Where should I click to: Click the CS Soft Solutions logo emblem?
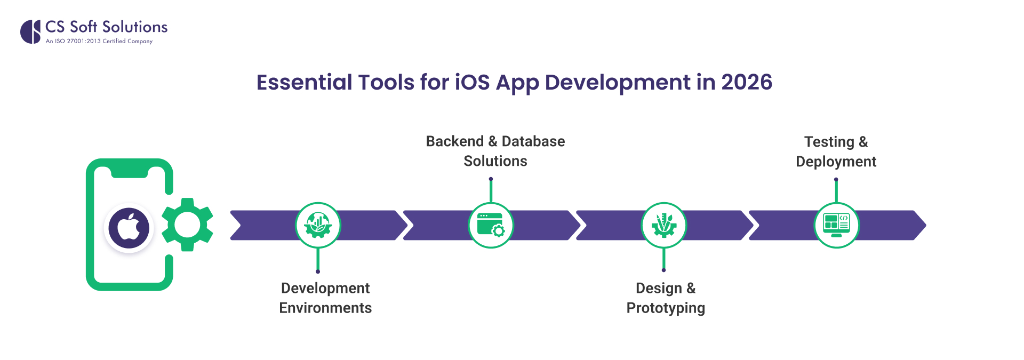click(30, 31)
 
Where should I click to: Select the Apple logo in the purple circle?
click(129, 228)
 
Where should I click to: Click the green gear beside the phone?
click(187, 225)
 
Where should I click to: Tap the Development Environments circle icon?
click(318, 225)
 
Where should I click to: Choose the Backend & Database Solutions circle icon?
click(491, 225)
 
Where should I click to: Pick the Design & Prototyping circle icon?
click(663, 225)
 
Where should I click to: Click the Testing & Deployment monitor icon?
click(836, 225)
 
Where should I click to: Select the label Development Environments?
click(325, 298)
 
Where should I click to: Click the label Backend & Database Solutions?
click(495, 151)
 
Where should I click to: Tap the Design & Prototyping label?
click(666, 298)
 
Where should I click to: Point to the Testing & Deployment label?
click(836, 151)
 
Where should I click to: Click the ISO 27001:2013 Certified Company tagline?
click(99, 41)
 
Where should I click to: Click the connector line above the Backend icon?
click(491, 190)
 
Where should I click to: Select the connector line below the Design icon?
click(663, 259)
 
